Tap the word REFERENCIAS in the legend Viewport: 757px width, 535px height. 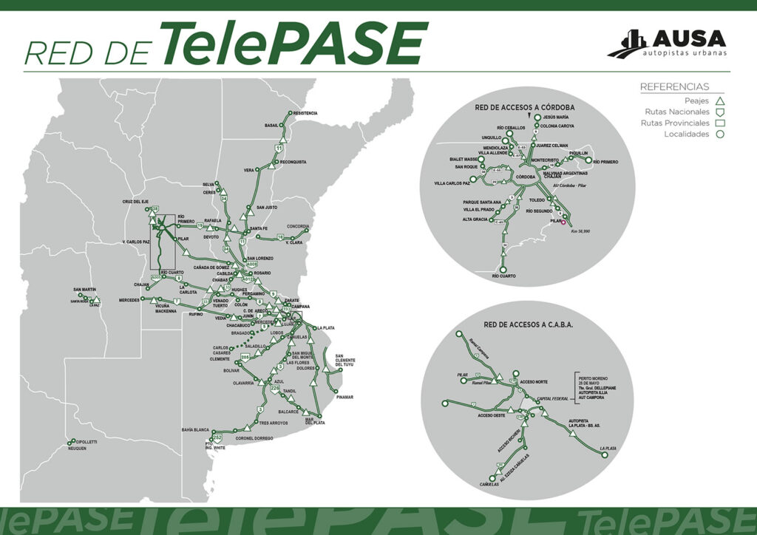coord(674,87)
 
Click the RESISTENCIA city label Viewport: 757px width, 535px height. coord(305,113)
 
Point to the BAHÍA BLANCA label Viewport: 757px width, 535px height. coord(195,429)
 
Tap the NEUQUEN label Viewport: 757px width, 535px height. coord(78,449)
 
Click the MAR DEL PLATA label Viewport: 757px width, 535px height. coord(315,421)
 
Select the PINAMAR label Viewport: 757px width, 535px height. coord(344,398)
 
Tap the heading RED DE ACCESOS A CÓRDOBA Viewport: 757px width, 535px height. coord(524,107)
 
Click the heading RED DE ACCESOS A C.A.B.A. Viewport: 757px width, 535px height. coord(529,324)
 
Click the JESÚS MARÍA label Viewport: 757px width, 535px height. coord(556,117)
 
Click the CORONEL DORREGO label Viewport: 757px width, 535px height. coord(254,438)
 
